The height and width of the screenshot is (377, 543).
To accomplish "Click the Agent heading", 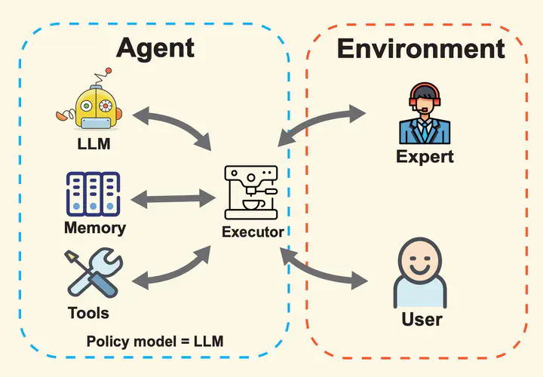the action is pyautogui.click(x=155, y=49).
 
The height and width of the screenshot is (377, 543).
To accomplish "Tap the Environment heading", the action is pyautogui.click(x=421, y=48).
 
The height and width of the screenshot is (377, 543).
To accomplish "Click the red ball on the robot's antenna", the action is pyautogui.click(x=109, y=71).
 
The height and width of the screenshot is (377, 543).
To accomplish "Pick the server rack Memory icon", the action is pyautogui.click(x=93, y=194).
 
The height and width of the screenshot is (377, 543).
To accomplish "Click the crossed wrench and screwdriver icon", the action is pyautogui.click(x=94, y=272).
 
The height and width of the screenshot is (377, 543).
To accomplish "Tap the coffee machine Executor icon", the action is pyautogui.click(x=251, y=192).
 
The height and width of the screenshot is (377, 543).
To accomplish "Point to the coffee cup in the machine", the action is pyautogui.click(x=253, y=204).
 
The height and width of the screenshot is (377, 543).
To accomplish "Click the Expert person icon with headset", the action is pyautogui.click(x=425, y=113).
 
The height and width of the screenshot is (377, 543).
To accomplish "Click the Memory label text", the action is pyautogui.click(x=95, y=228).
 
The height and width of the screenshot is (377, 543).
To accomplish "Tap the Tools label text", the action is pyautogui.click(x=89, y=313).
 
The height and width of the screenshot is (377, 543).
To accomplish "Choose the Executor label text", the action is pyautogui.click(x=253, y=232).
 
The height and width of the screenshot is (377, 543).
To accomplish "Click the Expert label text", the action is pyautogui.click(x=425, y=157).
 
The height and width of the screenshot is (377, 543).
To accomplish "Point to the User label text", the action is pyautogui.click(x=422, y=319).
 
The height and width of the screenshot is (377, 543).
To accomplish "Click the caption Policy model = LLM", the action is pyautogui.click(x=155, y=342).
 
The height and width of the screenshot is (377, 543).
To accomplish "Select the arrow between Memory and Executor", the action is pyautogui.click(x=173, y=199).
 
